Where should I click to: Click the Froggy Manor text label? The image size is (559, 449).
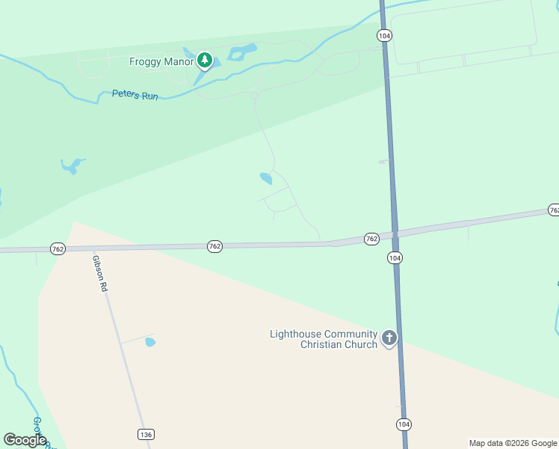161,61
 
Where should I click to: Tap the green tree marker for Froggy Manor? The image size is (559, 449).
204,60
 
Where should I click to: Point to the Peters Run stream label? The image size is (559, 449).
135,95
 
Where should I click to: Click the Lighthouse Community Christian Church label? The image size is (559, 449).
324,339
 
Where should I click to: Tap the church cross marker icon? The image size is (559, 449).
389,338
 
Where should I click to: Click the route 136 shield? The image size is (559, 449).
146,434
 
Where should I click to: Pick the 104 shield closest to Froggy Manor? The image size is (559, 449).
384,35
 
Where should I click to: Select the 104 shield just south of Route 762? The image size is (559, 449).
395,257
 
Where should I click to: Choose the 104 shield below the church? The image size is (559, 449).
404,424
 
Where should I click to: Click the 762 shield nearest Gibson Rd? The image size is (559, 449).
57,248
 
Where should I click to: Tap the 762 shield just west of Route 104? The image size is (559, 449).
371,239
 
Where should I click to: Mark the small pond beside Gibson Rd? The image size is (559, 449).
150,342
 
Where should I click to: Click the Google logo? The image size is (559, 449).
25,440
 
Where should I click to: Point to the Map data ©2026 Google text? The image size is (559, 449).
513,443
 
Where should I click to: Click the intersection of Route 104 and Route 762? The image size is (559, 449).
394,234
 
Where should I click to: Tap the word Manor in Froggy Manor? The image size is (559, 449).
179,61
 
